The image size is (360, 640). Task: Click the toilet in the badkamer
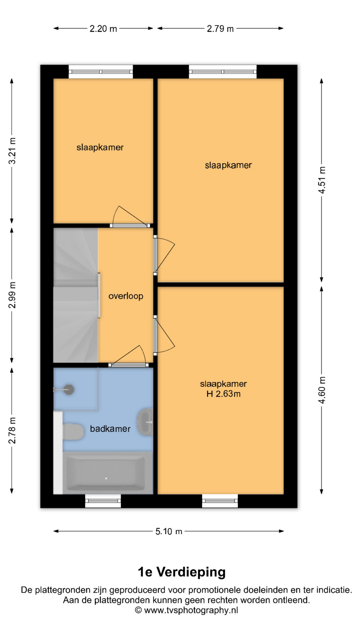[x=73, y=431]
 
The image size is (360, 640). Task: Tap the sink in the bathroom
[x=146, y=422]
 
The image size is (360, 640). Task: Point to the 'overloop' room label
[x=126, y=296]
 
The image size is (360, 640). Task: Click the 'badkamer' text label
[x=110, y=429]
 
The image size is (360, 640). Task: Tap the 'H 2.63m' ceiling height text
[x=223, y=394]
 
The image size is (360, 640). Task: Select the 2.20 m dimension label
[x=103, y=29]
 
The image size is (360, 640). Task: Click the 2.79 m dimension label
[x=220, y=29]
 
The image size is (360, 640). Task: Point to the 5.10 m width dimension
[x=169, y=531]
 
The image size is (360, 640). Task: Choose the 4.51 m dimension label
[x=322, y=180]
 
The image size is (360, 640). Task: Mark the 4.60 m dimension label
[x=322, y=390]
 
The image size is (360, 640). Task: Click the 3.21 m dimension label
[x=12, y=151]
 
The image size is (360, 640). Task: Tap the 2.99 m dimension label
[x=12, y=295]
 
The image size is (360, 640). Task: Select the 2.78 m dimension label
[x=12, y=430]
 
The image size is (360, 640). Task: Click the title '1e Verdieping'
[x=182, y=572]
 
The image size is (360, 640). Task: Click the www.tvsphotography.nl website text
[x=191, y=610]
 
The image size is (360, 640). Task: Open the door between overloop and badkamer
[x=128, y=365]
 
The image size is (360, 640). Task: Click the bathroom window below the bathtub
[x=103, y=501]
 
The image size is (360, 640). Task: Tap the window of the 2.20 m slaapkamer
[x=101, y=72]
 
